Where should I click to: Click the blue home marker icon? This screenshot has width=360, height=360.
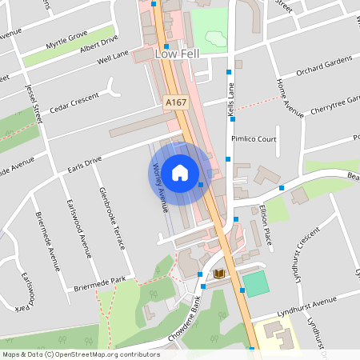tap(180, 171)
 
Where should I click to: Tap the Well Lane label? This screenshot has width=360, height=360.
tap(113, 58)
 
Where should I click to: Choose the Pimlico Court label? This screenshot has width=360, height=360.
tap(254, 138)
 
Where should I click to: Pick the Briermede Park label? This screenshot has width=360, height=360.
tap(100, 281)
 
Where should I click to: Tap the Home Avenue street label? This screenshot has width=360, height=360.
tap(290, 98)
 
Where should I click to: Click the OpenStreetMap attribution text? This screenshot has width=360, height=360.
tap(81, 354)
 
